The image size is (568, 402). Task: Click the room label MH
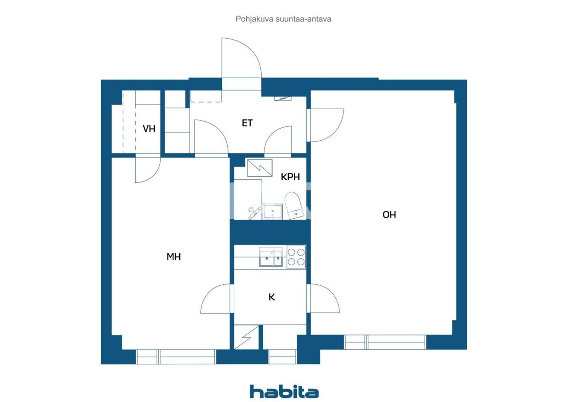coord(174,256)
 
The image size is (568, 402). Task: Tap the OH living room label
coord(389,215)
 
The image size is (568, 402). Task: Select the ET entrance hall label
coord(247,123)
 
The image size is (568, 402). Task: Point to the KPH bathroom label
coord(290,177)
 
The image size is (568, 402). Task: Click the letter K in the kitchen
coord(272,297)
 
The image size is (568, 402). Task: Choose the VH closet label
coord(149,129)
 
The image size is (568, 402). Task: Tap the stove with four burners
coord(296,257)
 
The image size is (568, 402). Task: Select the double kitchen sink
coord(271,257)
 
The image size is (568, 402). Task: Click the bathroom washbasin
coord(272,211)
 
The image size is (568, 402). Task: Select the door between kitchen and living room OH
coord(324,298)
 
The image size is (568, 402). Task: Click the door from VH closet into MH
coord(147,169)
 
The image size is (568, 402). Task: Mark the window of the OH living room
coord(385,342)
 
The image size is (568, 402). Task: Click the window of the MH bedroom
coord(176,357)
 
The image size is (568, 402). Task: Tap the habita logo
coord(284,392)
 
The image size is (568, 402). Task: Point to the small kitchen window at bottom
coord(283,357)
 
